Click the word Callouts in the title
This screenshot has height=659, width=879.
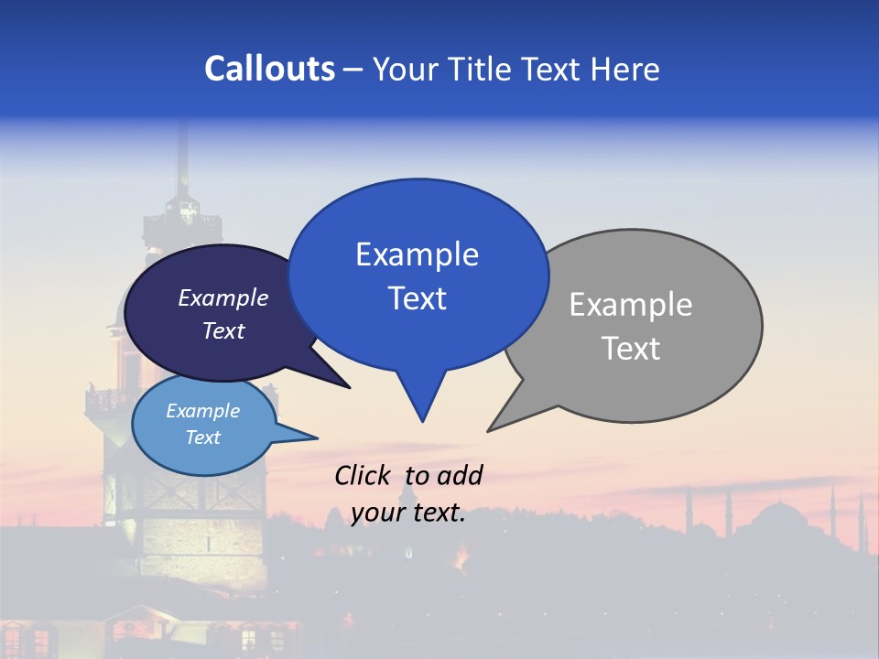269,69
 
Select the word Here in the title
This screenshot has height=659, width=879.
626,70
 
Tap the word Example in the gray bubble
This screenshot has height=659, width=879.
630,305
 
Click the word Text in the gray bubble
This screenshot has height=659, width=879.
632,349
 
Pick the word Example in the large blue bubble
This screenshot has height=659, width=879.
417,254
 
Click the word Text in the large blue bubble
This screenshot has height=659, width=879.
418,298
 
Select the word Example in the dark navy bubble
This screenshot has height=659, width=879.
222,298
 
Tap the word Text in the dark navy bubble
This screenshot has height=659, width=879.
222,331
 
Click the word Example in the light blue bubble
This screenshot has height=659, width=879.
202,411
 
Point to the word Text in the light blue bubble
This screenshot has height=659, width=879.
202,438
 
